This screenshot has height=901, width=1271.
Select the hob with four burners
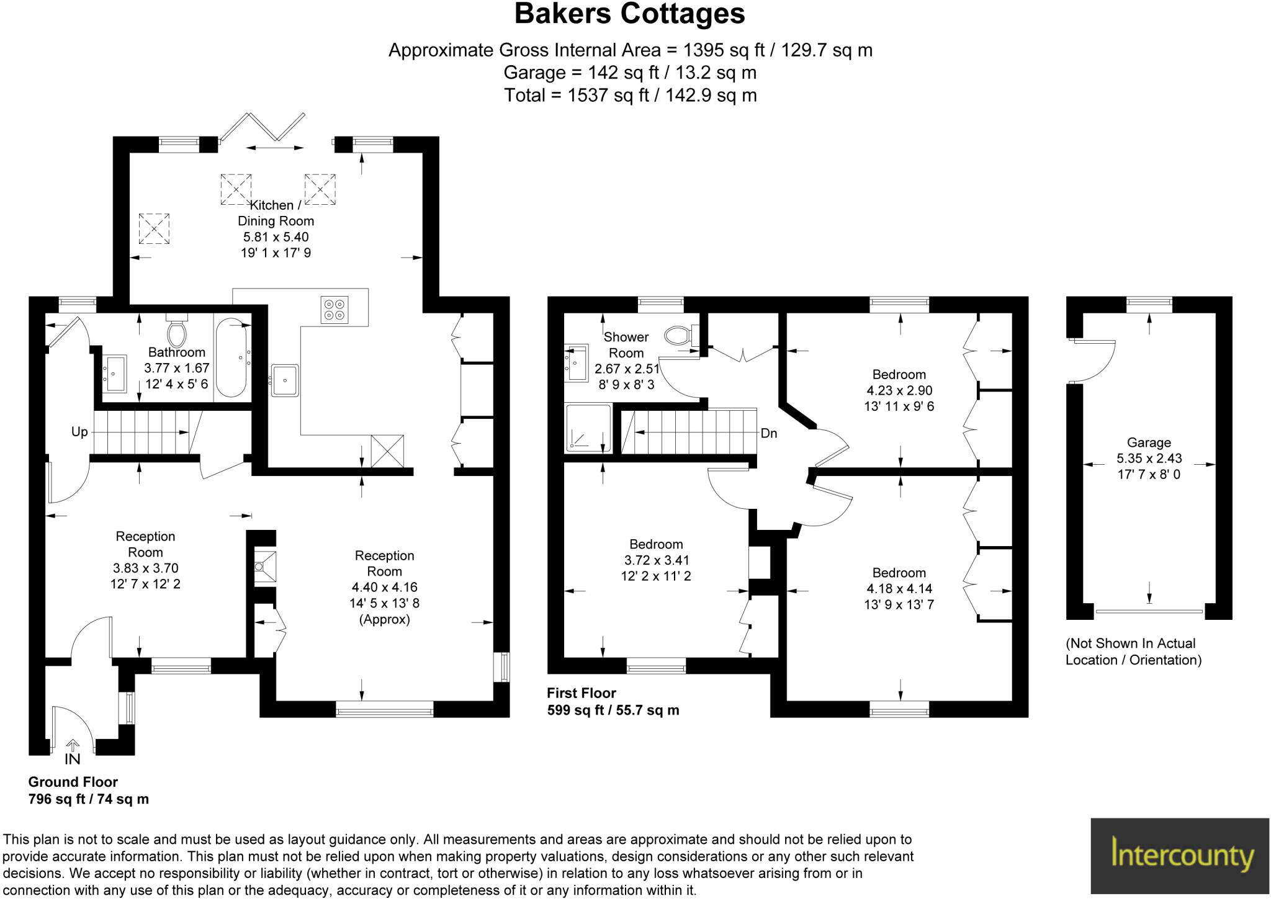(x=335, y=309)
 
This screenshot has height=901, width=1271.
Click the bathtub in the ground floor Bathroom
(x=233, y=357)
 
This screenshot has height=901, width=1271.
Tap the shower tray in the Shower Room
(x=588, y=428)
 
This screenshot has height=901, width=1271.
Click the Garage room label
(x=1149, y=442)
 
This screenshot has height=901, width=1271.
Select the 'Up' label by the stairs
(x=79, y=432)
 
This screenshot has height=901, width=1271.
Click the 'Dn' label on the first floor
(x=768, y=433)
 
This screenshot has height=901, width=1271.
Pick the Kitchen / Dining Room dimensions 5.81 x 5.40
(x=276, y=237)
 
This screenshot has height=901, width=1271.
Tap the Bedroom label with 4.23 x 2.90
(x=899, y=375)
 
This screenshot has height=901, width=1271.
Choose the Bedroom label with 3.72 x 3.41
(x=656, y=544)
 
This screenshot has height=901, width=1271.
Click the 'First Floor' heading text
(x=582, y=693)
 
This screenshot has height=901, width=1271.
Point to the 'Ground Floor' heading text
(x=73, y=782)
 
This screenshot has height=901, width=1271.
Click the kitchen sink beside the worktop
(x=285, y=379)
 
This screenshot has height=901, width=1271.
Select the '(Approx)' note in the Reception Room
(x=384, y=619)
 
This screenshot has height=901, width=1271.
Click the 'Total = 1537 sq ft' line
(x=630, y=96)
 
